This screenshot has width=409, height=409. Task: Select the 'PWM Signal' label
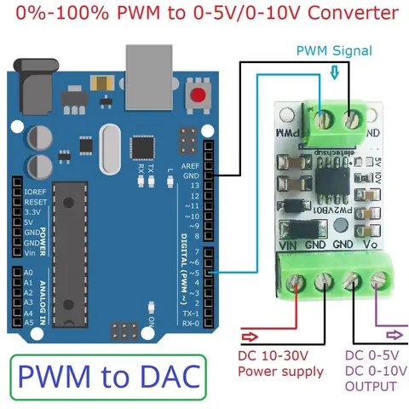pos(334,51)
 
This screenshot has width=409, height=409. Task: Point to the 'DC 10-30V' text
pos(272,355)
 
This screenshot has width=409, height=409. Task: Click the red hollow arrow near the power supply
pos(252,334)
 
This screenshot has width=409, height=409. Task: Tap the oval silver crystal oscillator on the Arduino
pos(112,141)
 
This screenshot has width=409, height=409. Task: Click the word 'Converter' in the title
pos(351,14)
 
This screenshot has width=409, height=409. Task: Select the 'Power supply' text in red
pos(279,371)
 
